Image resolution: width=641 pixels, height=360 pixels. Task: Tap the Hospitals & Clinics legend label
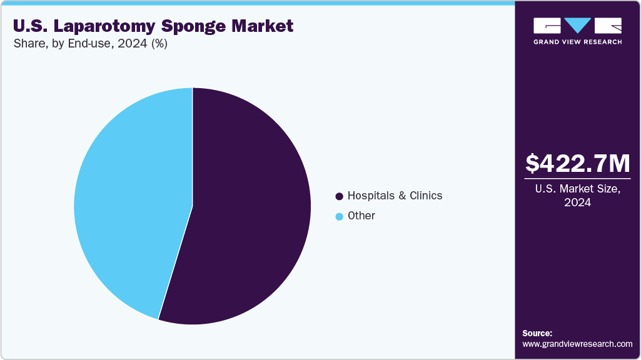(x=395, y=196)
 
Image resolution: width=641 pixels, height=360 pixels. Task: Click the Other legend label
(x=361, y=216)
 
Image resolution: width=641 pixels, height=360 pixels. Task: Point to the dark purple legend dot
(x=339, y=196)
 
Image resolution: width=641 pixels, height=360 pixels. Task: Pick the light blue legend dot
(x=339, y=216)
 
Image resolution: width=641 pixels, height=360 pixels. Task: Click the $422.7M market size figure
(x=577, y=163)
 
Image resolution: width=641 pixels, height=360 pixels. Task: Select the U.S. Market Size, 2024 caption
(x=577, y=196)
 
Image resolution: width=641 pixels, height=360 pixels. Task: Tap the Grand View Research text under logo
(x=577, y=42)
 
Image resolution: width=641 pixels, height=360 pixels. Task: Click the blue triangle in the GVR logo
(x=578, y=26)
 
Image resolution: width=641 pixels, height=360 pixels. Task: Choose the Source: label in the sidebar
(x=537, y=333)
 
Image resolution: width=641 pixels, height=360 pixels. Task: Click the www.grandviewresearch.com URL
(x=577, y=344)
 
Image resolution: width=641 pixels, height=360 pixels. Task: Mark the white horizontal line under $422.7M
(x=577, y=179)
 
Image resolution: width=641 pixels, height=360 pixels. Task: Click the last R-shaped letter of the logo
(x=608, y=26)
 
